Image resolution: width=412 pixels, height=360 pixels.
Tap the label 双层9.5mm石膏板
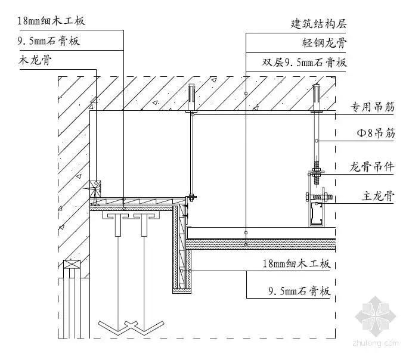(305, 62)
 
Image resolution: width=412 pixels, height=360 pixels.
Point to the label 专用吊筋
(372, 108)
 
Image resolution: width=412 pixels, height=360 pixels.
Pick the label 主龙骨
(378, 194)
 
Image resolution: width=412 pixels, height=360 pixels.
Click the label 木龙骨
(34, 60)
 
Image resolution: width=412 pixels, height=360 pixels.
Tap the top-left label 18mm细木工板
(51, 21)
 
